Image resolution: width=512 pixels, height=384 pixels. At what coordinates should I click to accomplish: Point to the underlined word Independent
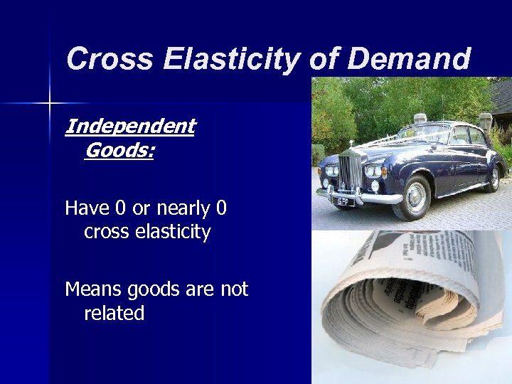pyautogui.click(x=129, y=127)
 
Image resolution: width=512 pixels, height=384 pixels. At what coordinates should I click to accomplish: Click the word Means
pyautogui.click(x=90, y=289)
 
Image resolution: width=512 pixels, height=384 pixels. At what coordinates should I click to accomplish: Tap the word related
pyautogui.click(x=114, y=313)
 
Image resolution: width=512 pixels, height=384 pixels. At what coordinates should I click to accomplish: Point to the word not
pyautogui.click(x=233, y=289)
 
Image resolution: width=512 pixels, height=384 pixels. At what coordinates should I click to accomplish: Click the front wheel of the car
pyautogui.click(x=415, y=197)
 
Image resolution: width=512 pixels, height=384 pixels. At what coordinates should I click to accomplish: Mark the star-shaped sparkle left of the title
pyautogui.click(x=50, y=104)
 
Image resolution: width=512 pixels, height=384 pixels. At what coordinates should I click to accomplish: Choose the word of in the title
pyautogui.click(x=324, y=59)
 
